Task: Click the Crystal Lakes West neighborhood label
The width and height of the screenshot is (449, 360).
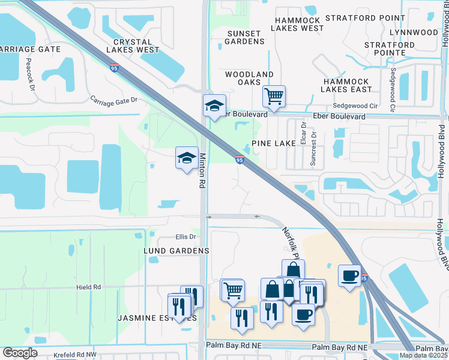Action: pyautogui.click(x=131, y=46)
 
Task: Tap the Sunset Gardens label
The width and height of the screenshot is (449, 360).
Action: pyautogui.click(x=244, y=37)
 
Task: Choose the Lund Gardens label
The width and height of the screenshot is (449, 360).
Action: pyautogui.click(x=176, y=250)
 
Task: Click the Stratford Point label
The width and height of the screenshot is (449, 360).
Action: pyautogui.click(x=366, y=19)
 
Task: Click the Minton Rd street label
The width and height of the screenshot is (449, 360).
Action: pyautogui.click(x=202, y=172)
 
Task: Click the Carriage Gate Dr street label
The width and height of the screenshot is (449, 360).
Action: pyautogui.click(x=113, y=100)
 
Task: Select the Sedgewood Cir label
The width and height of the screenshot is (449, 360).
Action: pyautogui.click(x=352, y=105)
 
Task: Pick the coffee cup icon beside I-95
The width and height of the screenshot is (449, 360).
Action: pyautogui.click(x=350, y=275)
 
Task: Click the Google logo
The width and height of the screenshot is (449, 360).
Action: pyautogui.click(x=20, y=353)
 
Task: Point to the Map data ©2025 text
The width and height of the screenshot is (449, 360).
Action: pyautogui.click(x=423, y=355)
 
